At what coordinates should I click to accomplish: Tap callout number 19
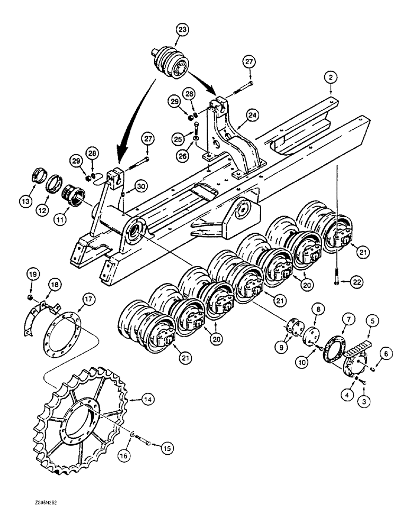(32, 274)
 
